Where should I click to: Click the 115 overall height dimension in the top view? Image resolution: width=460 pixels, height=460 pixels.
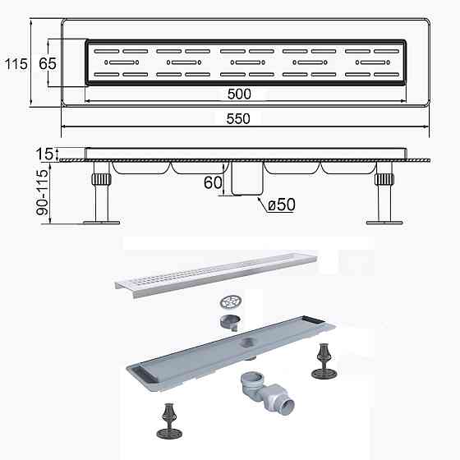coord(11,62)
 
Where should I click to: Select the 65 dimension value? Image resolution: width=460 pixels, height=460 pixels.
coord(47,62)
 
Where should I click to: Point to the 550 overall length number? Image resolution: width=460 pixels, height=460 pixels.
coord(238,118)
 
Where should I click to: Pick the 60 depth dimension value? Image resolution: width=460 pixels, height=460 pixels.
coord(212,182)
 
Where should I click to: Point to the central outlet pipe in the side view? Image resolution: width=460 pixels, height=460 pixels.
coord(244,179)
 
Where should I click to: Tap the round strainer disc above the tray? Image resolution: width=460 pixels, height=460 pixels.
coord(232,301)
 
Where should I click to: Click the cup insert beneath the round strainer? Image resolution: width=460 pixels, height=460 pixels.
coord(231,321)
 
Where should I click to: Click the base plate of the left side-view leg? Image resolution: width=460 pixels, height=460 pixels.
coord(101,220)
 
